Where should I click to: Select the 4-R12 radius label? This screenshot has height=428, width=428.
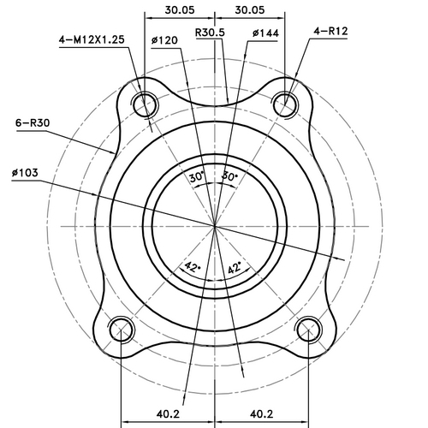pos(330,32)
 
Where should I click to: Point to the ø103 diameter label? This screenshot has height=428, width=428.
pos(27,173)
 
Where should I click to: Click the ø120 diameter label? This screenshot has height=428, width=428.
pos(163,40)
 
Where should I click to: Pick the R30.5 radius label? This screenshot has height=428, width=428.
pos(210,33)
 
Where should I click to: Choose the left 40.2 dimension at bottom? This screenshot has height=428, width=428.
pos(167,413)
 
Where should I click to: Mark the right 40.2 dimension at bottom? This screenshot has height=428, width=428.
pos(261,413)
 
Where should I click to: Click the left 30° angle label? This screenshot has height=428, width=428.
pos(197,177)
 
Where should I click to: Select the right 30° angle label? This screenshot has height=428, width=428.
pos(229,177)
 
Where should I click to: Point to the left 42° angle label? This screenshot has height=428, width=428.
pos(193,268)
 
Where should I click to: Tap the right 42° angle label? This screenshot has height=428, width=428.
pos(234,268)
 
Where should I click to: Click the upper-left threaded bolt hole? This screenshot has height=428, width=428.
pos(145,104)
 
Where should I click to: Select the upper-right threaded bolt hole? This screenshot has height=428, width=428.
pos(284,104)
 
